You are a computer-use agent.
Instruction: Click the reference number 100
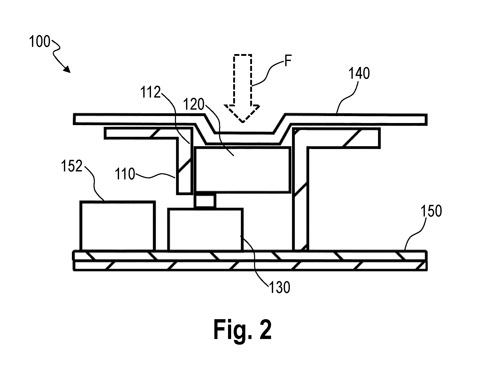(x=39, y=42)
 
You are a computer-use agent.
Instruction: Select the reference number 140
(x=359, y=73)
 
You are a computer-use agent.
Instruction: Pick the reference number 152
(x=71, y=166)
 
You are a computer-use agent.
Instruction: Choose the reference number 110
(x=125, y=174)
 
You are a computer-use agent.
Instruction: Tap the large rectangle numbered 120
(x=243, y=170)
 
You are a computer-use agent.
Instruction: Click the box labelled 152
(x=118, y=225)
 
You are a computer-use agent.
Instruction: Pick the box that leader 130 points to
(x=205, y=229)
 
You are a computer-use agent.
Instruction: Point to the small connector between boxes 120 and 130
(x=205, y=200)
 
